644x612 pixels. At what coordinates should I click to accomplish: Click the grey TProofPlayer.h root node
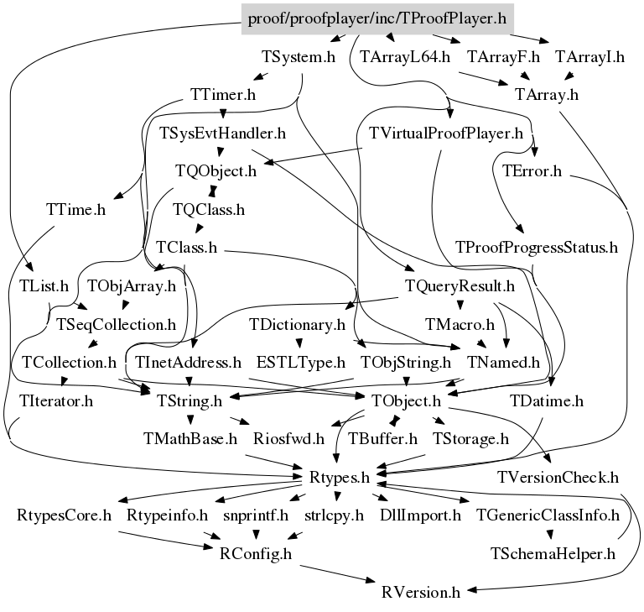pos(377,18)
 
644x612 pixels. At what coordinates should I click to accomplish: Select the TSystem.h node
pos(299,58)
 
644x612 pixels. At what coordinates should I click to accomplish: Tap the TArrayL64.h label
pos(406,58)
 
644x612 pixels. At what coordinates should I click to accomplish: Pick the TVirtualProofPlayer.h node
pos(446,133)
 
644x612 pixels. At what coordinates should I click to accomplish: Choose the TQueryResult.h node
pos(459,286)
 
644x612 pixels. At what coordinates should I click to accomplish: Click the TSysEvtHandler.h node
pos(223,133)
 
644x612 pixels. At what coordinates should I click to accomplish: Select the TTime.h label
pos(76,210)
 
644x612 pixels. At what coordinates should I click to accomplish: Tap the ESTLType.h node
pos(301,363)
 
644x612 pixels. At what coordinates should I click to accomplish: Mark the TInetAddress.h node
pos(189,363)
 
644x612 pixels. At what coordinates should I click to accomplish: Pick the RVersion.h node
pos(421,592)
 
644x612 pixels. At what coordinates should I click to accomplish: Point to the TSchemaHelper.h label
pos(553,554)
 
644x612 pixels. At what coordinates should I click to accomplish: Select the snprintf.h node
pos(256,515)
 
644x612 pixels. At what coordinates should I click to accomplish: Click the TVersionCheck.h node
pos(558,478)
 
